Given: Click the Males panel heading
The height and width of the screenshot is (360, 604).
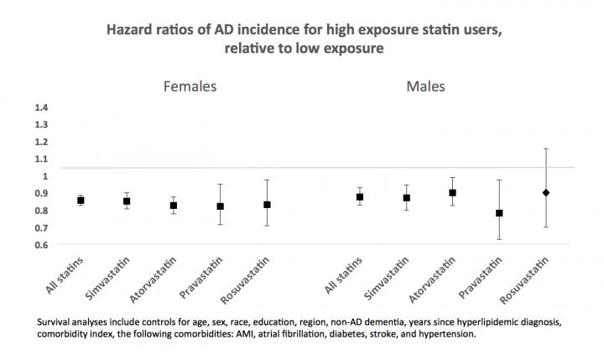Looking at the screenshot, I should tap(447, 86).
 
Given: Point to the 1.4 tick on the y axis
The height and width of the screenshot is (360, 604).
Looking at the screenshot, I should tap(41, 107).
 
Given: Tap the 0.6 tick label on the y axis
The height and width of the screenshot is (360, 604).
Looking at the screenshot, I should tap(41, 245).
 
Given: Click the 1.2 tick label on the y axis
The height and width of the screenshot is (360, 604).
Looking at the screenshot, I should tap(41, 142).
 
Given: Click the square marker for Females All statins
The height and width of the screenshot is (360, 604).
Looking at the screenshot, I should tap(81, 201).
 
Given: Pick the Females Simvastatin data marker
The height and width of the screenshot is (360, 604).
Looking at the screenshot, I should tap(127, 201).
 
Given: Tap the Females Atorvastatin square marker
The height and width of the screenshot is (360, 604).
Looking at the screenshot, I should tap(174, 206).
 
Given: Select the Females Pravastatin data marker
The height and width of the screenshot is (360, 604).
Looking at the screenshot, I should tap(220, 206).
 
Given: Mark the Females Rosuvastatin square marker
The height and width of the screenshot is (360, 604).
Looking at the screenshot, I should tap(267, 205).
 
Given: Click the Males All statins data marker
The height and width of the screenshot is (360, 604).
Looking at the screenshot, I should tap(360, 197).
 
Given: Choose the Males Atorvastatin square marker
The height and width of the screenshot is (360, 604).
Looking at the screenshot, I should tap(453, 193).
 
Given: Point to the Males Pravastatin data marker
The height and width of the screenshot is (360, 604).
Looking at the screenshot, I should tap(499, 213).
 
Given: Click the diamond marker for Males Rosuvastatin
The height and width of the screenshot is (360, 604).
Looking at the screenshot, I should tap(546, 193).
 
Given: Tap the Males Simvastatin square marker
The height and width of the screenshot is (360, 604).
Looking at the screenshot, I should tap(407, 198).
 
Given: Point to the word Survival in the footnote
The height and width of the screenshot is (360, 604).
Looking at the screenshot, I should tap(56, 321).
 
